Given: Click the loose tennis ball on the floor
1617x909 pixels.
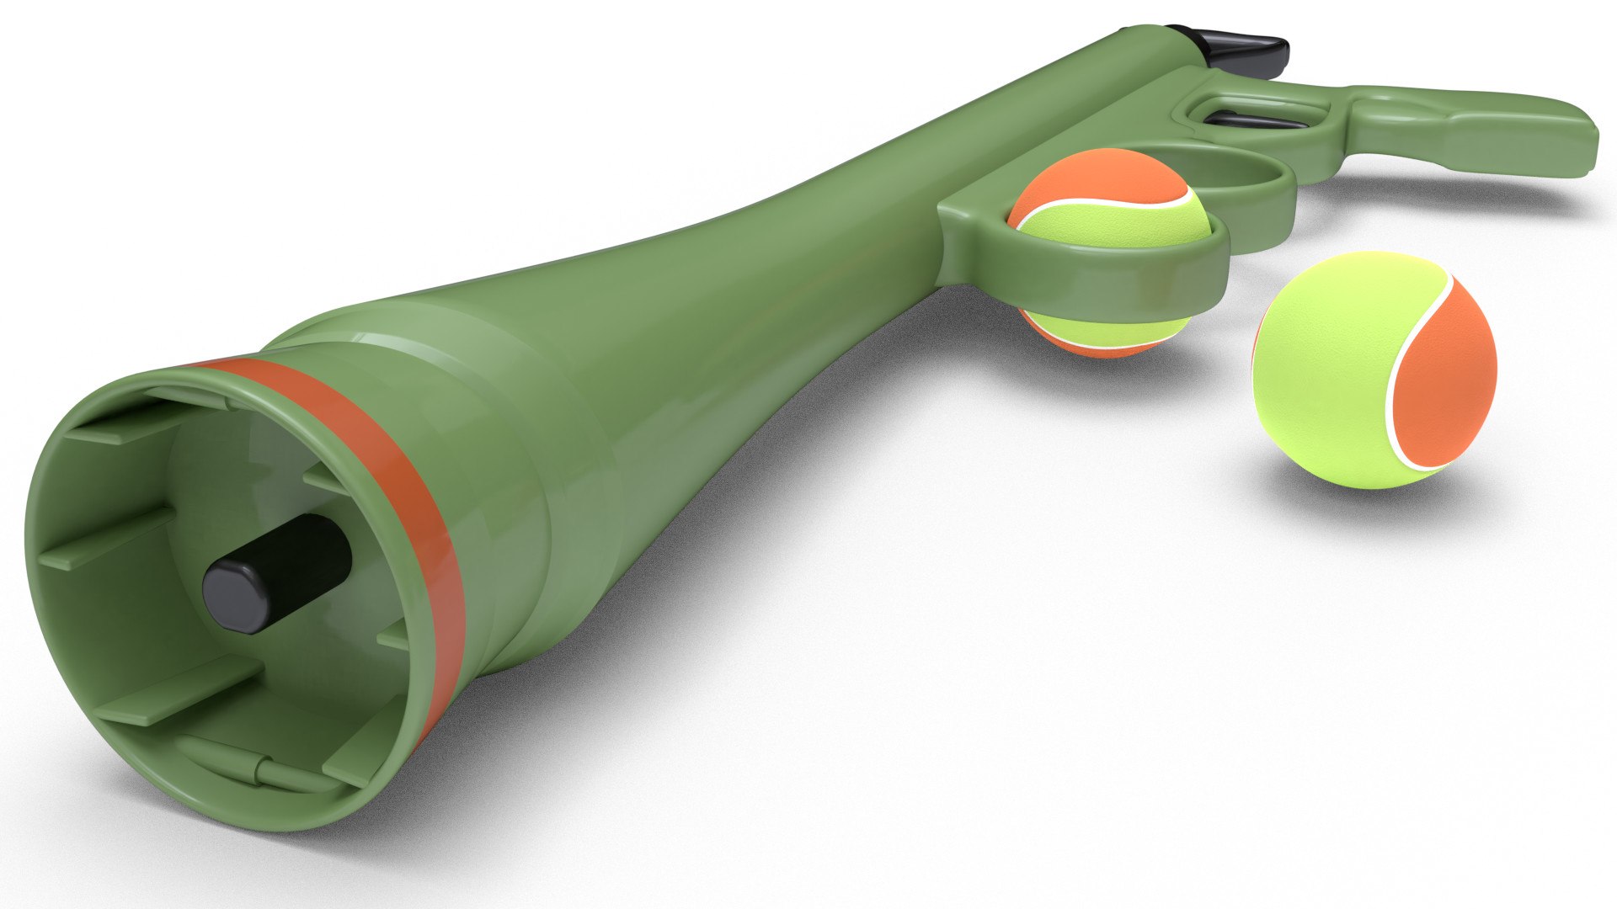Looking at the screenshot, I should pyautogui.click(x=1373, y=370).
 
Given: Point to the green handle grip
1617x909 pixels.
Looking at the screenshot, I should pyautogui.click(x=1482, y=135).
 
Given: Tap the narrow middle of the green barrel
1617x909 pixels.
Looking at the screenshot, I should pyautogui.click(x=758, y=252).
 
